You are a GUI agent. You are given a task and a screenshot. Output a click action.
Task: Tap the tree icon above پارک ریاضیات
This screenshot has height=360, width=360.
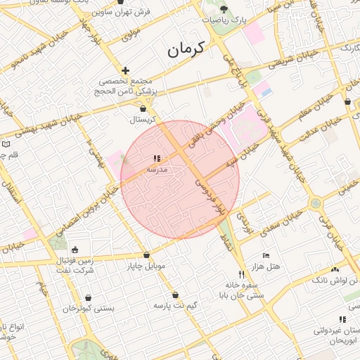pyautogui.click(x=224, y=9)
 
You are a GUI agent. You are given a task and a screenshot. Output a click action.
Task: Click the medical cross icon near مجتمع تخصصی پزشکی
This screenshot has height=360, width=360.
pyautogui.click(x=125, y=70)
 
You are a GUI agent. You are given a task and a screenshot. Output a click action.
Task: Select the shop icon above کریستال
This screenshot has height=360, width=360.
pyautogui.click(x=143, y=109)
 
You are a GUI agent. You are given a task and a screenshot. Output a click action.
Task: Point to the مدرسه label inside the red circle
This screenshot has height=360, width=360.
pyautogui.click(x=156, y=169)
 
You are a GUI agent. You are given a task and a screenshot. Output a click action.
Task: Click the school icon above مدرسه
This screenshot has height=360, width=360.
pyautogui.click(x=156, y=159)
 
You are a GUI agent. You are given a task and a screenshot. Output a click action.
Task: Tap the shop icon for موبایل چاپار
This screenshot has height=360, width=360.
pyautogui.click(x=146, y=255)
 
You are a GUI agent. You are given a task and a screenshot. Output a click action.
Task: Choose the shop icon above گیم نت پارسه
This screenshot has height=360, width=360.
pyautogui.click(x=175, y=295)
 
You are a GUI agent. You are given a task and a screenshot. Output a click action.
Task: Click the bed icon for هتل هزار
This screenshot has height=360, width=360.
pyautogui.click(x=265, y=255)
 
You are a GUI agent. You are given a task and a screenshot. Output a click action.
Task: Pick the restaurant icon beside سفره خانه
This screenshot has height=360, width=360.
pyautogui.click(x=241, y=274)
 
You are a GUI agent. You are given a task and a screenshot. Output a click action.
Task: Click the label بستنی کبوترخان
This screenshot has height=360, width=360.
pyautogui.click(x=89, y=308)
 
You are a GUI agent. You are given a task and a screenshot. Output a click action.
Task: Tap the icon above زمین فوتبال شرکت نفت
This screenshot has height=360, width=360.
pyautogui.click(x=75, y=250)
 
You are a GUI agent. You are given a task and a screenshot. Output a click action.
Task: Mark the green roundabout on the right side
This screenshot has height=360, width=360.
pyautogui.click(x=314, y=203)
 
